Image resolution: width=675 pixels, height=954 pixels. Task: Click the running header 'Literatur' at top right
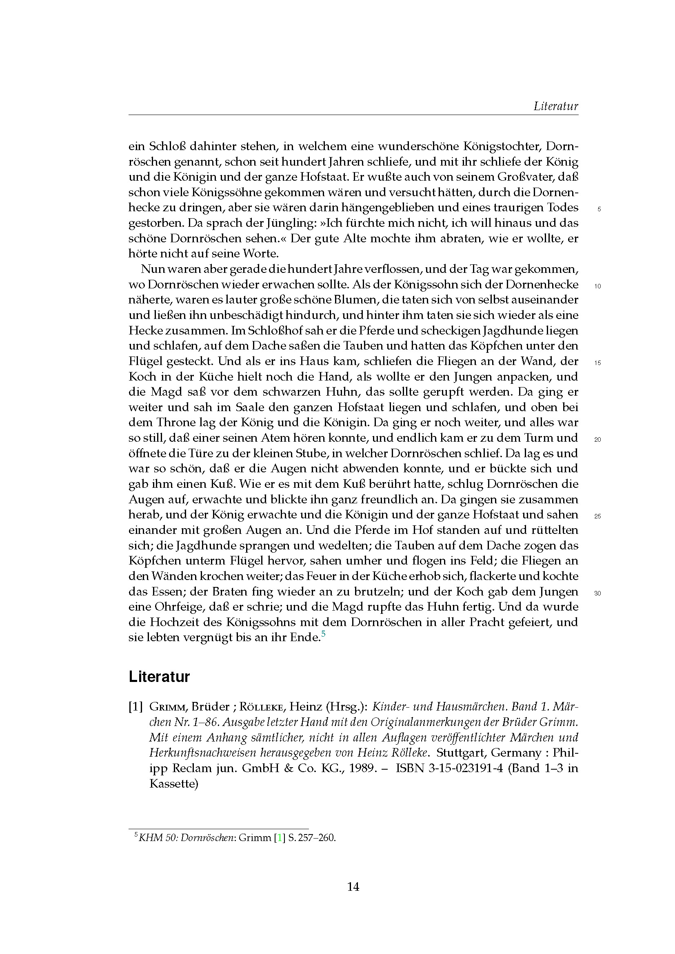tap(556, 106)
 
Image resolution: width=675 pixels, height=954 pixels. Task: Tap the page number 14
tap(353, 887)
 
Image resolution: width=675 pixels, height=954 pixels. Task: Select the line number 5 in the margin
tap(599, 209)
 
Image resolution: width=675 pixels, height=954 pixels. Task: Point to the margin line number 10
tap(598, 286)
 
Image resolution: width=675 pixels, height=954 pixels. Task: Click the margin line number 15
tap(598, 363)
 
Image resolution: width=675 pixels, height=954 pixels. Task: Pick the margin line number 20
tap(598, 440)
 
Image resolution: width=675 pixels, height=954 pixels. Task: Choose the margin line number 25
tap(598, 517)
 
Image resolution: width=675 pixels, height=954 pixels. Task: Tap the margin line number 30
tap(598, 594)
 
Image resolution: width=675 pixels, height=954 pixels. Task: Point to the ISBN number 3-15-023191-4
tap(456, 768)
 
